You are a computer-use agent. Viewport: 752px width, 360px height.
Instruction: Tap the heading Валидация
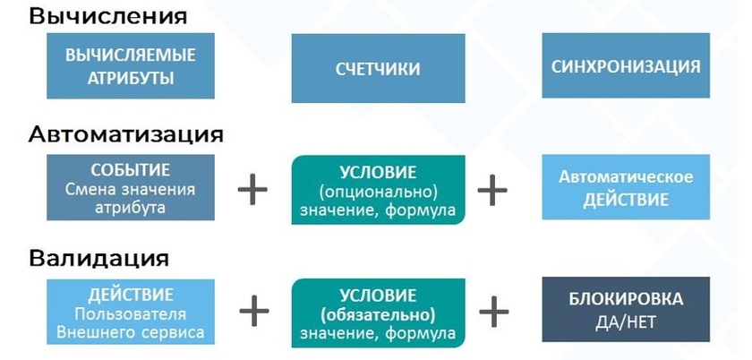(x=98, y=259)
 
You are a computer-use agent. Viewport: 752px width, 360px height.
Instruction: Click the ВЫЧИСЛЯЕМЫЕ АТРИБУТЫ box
(x=131, y=66)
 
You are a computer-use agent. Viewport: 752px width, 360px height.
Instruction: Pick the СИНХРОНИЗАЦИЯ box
(x=626, y=66)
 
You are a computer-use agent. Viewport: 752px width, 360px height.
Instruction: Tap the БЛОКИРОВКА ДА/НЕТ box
(x=626, y=310)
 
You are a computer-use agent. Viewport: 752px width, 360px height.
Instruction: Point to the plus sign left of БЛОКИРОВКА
(x=492, y=310)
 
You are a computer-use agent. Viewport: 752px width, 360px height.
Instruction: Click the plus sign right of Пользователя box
(x=253, y=310)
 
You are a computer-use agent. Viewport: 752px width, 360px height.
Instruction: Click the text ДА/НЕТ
(x=626, y=321)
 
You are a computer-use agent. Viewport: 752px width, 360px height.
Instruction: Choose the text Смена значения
(x=131, y=189)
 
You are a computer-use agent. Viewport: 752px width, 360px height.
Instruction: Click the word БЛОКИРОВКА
(x=626, y=299)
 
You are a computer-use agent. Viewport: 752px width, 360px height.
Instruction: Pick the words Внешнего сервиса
(x=131, y=332)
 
